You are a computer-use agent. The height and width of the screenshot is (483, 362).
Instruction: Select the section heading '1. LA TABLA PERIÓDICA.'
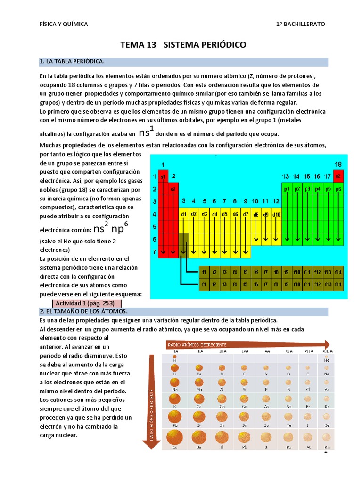point(72,62)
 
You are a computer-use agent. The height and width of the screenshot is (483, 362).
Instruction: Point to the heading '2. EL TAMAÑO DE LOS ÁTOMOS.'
point(83,312)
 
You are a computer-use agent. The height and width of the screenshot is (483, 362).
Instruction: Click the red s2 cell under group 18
point(338,176)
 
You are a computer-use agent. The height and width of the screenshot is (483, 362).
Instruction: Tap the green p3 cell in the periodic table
point(307,189)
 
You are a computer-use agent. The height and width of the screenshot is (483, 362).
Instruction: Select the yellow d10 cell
point(276,214)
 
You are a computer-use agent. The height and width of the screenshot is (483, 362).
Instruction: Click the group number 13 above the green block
point(286,176)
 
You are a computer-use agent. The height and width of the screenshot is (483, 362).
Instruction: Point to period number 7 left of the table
point(154,252)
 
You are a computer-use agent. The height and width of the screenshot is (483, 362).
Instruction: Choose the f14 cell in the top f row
point(337,272)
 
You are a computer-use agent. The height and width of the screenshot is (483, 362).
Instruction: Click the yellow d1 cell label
point(184,214)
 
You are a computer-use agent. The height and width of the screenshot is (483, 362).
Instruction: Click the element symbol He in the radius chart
point(327,360)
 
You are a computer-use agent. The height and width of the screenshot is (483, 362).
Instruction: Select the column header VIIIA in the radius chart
point(327,351)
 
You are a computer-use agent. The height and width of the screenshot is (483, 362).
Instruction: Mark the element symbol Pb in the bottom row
point(244,447)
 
